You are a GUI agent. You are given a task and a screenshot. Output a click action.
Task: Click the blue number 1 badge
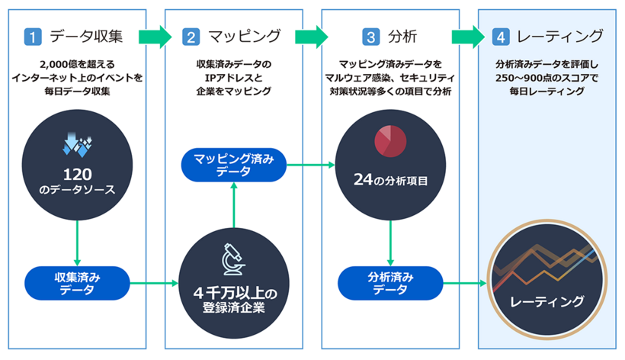tap(32, 36)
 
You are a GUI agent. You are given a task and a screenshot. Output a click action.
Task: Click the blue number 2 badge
tap(192, 36)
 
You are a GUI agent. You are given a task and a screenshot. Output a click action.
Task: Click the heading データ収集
tap(86, 36)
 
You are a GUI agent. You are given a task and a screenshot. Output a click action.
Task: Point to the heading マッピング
tap(245, 36)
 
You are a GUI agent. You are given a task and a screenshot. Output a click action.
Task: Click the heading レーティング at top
tap(559, 36)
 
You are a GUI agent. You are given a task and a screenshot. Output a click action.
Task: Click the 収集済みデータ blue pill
tap(78, 281)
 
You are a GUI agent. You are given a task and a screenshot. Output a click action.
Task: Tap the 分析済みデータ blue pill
tap(389, 281)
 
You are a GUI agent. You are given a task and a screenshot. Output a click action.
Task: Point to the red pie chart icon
tap(389, 143)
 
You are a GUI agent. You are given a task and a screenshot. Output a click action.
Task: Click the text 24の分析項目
tap(390, 182)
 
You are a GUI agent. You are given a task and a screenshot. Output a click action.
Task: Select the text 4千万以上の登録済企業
tap(233, 301)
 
